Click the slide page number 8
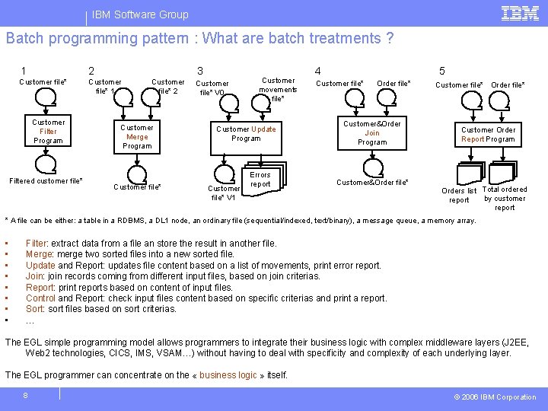click(x=25, y=395)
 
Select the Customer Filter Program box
click(x=48, y=132)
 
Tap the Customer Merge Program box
click(x=137, y=137)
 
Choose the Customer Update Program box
click(x=246, y=134)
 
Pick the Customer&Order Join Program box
click(x=371, y=133)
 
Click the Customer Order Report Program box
click(x=488, y=135)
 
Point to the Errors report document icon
click(x=260, y=180)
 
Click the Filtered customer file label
click(x=46, y=181)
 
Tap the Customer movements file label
click(x=278, y=89)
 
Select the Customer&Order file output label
click(x=372, y=183)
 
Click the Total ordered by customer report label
click(x=505, y=199)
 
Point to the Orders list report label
click(x=459, y=196)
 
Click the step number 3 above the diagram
click(x=200, y=71)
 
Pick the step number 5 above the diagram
click(x=442, y=71)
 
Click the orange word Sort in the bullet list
click(x=34, y=309)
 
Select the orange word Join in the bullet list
click(x=34, y=276)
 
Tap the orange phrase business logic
click(x=228, y=375)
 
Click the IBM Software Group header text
click(x=140, y=14)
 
